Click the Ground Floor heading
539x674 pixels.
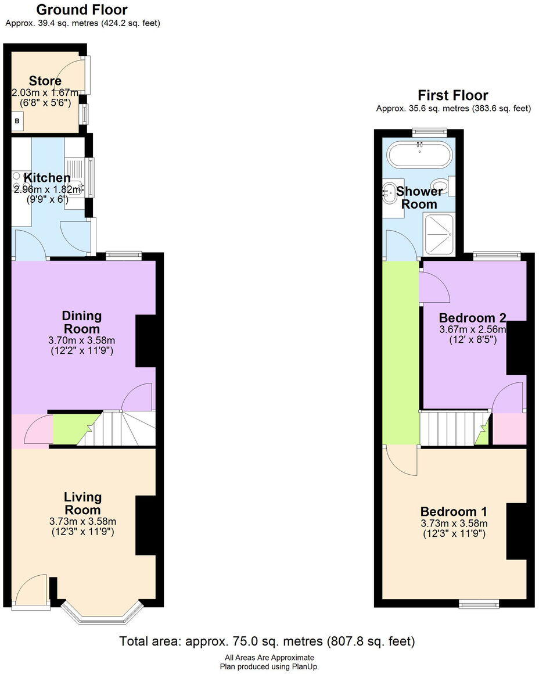[82, 10]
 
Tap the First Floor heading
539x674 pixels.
[453, 95]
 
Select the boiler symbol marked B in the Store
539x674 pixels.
[17, 121]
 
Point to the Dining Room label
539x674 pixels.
[82, 322]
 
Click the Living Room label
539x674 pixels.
[82, 503]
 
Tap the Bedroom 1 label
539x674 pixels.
[454, 512]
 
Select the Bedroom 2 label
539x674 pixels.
[472, 318]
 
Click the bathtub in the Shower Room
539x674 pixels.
[419, 154]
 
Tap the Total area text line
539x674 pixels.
[267, 641]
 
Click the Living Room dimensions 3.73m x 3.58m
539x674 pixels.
[82, 521]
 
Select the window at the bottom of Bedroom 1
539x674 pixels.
[479, 604]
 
